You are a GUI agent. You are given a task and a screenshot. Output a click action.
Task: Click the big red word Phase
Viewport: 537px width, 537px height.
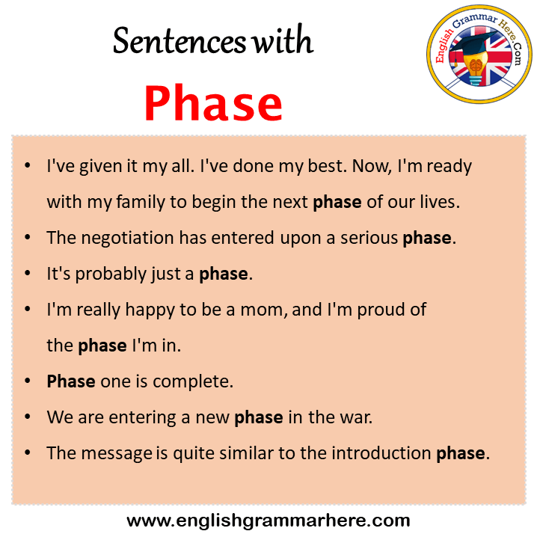213,103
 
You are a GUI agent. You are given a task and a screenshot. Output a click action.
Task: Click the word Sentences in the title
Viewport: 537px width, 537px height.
179,41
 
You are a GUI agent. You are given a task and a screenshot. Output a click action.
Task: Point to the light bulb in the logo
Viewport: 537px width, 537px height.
475,70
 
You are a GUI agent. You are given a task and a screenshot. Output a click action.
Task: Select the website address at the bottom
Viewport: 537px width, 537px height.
268,521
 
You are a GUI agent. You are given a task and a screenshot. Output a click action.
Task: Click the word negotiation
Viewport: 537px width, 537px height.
127,238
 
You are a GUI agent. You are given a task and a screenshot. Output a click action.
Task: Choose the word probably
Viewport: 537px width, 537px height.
111,274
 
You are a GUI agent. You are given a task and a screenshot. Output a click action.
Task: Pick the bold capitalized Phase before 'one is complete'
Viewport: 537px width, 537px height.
71,381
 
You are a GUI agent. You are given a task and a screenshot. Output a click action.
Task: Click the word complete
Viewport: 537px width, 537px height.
193,381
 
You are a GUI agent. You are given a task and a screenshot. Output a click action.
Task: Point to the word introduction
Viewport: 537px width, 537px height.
381,453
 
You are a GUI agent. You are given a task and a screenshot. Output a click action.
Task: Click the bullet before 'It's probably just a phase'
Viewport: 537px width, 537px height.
28,273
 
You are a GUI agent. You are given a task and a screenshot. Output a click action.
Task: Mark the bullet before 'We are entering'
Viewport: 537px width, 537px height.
28,417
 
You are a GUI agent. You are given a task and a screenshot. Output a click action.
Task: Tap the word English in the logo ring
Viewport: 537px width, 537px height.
444,46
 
